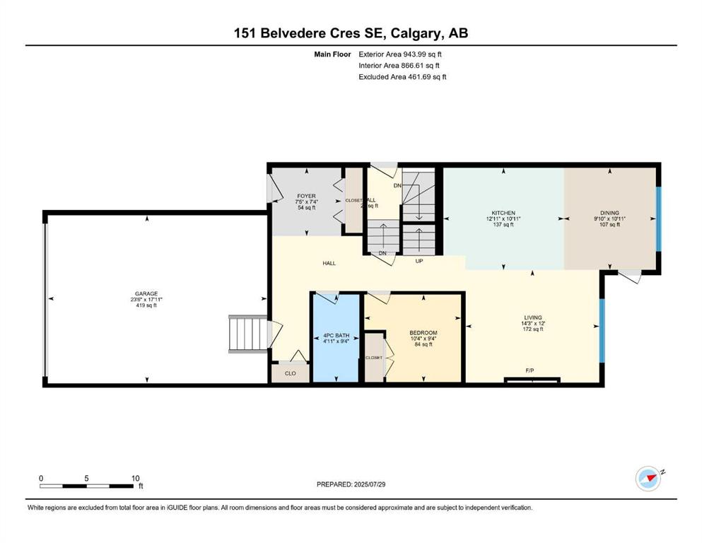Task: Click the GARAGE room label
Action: coord(146,293)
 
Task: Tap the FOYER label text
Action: coord(306,196)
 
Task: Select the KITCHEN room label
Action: coord(503,213)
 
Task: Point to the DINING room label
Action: coord(609,213)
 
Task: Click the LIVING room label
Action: coord(532,317)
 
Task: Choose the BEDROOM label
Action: coord(423,333)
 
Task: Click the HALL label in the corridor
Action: coord(329,264)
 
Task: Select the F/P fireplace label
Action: coord(529,370)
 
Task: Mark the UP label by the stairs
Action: coord(419,261)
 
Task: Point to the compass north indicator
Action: coord(648,478)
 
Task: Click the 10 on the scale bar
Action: coord(135,478)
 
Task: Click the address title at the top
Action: coord(351,33)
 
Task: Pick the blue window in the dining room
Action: coord(658,218)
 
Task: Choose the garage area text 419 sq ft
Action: coord(146,306)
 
